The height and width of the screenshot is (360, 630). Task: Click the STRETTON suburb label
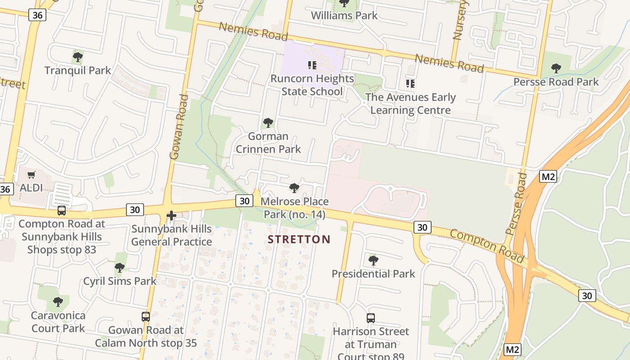[299, 239]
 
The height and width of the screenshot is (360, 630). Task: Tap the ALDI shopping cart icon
[31, 175]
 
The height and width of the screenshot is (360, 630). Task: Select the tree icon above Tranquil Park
[77, 57]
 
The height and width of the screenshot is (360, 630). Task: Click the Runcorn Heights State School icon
[312, 66]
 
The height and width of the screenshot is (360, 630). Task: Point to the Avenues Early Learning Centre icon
[410, 84]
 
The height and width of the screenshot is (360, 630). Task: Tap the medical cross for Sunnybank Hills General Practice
[171, 216]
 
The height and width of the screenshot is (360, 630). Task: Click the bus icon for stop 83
[62, 210]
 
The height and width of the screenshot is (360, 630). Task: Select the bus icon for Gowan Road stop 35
[146, 316]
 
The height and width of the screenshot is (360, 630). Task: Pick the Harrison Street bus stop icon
[371, 318]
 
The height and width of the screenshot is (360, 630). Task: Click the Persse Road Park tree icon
[556, 68]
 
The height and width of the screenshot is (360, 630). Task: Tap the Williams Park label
[344, 16]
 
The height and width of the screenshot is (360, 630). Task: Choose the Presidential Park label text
[373, 274]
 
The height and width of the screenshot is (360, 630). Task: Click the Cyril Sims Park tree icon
[120, 268]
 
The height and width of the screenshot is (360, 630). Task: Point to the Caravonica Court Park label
[58, 322]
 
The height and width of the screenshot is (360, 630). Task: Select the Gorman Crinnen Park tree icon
[268, 123]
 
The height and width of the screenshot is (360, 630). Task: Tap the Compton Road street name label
[487, 246]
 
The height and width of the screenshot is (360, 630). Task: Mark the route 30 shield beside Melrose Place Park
[244, 201]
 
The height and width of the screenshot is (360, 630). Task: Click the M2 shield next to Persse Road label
[548, 176]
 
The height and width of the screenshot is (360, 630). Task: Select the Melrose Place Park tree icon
[294, 188]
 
